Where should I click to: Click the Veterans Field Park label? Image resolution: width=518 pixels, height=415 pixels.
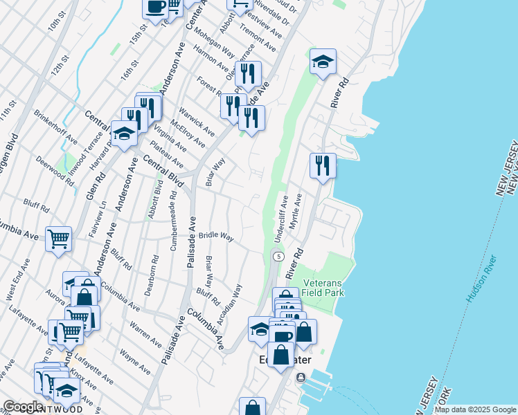pos(323,288)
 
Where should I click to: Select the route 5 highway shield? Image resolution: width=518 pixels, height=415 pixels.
pos(278,257)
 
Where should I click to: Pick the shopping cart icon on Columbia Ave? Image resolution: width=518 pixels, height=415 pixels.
pos(59,239)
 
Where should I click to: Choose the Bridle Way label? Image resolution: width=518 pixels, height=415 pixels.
pos(215,236)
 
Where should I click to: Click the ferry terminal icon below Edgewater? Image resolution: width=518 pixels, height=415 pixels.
pos(301,377)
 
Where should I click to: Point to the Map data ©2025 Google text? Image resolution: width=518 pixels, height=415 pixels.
pos(474,409)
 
